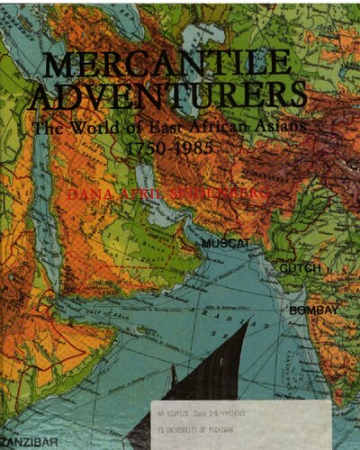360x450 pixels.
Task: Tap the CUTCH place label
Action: (x=300, y=268)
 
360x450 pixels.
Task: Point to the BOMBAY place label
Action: (x=313, y=310)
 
